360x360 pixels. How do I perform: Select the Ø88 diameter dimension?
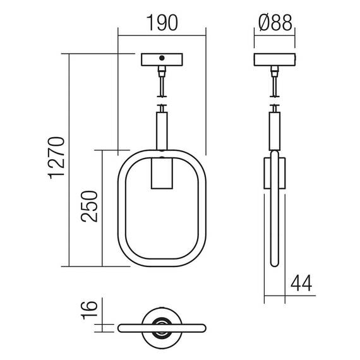click(275, 23)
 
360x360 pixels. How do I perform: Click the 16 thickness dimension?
click(89, 309)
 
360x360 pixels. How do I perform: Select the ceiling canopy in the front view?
click(162, 60)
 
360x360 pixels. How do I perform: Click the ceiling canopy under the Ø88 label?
click(275, 60)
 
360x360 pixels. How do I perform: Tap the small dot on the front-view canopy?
click(162, 59)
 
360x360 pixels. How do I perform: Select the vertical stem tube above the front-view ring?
click(162, 130)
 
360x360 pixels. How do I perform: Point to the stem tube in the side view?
click(275, 130)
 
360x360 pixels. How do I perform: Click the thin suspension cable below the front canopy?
click(162, 82)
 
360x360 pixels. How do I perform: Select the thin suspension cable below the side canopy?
click(275, 82)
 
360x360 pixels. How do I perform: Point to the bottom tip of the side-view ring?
click(275, 265)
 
